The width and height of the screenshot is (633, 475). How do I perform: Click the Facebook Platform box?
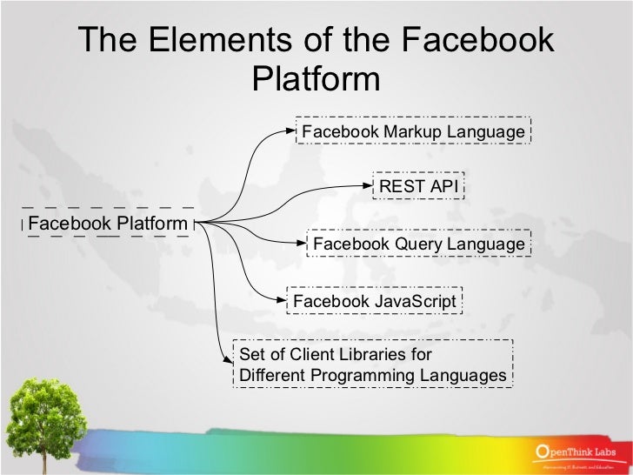108,224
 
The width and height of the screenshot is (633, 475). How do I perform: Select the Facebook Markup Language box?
413,131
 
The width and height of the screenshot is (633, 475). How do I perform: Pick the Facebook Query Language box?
418,244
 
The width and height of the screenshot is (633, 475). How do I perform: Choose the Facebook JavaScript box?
374,301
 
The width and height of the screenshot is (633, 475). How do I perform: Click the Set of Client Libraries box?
372,365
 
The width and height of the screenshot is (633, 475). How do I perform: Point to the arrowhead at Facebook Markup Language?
292,131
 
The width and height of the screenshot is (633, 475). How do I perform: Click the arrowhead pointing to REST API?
369,185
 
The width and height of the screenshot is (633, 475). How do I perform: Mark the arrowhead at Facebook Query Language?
301,244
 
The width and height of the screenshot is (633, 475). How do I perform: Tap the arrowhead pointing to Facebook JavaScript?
282,301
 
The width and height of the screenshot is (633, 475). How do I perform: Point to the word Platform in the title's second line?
316,79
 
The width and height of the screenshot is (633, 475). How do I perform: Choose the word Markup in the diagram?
413,131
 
